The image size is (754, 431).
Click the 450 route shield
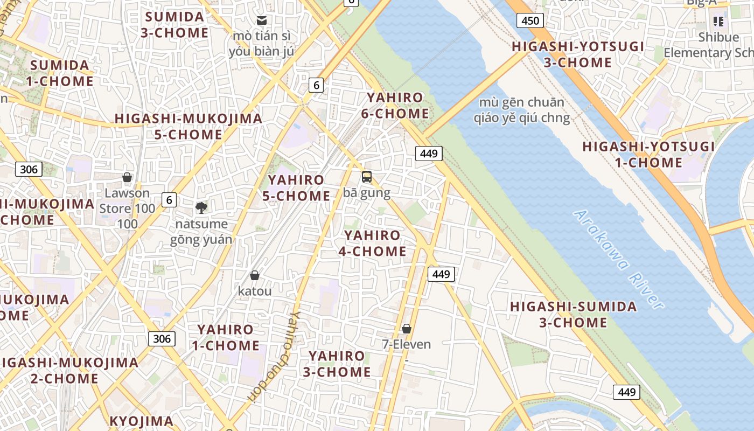point(530,21)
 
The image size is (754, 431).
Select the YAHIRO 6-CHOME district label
point(398,106)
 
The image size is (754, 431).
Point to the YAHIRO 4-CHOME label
point(372,243)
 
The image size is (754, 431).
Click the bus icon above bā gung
point(366,176)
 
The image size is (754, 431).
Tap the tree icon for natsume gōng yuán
point(201,207)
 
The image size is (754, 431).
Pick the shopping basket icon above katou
point(255,275)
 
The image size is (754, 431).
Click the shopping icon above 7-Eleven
point(406,328)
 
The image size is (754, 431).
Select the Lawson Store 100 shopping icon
point(127,177)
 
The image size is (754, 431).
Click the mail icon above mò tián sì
point(262,20)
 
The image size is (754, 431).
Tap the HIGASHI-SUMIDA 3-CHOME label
point(573,315)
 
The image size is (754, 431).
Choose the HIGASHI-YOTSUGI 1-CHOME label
point(648,155)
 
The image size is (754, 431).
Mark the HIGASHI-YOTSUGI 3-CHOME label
point(578,54)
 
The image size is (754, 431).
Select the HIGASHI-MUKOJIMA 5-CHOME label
point(188,126)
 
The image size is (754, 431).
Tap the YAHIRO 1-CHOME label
point(225,337)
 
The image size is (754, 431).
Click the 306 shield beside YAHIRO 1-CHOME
point(162,338)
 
